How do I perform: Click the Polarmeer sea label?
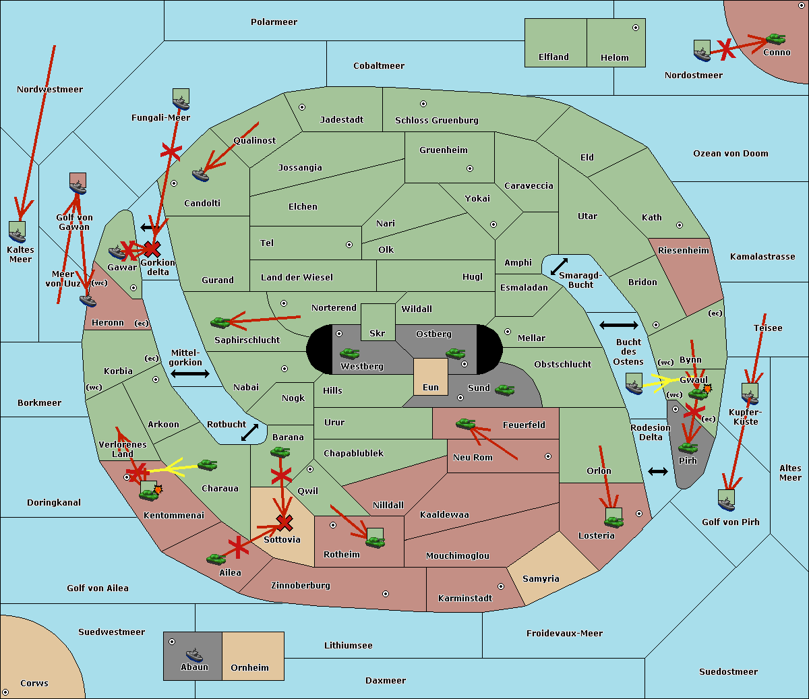274,22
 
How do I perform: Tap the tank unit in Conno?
775,39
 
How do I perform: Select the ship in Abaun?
194,655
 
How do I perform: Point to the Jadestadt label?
341,120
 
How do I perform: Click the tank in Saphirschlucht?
220,323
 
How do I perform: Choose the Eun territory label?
431,388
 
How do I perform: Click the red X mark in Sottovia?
284,522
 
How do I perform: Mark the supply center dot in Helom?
635,28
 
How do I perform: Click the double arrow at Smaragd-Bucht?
559,267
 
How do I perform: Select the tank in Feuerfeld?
465,424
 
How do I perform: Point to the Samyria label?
541,579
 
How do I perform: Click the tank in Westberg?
349,353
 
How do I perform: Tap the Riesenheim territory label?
683,251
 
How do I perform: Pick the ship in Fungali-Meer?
181,102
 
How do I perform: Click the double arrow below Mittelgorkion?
190,374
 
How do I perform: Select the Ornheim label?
249,668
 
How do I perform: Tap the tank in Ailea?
216,559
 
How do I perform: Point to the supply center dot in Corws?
5,692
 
